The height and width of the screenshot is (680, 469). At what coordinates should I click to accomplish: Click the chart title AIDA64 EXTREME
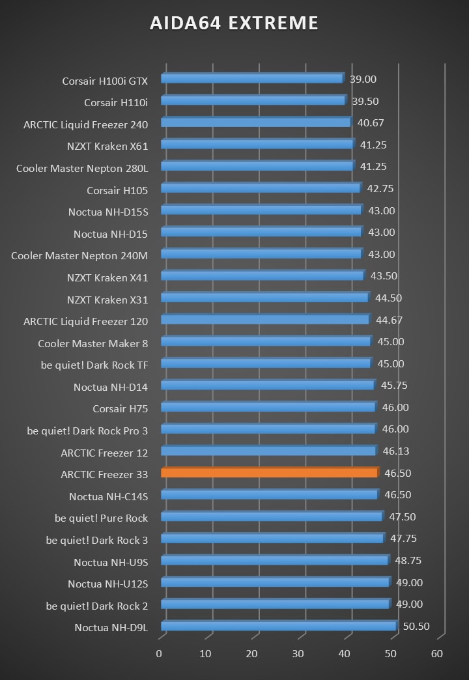coord(234,23)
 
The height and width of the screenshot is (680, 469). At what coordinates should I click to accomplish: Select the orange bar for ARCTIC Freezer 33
coord(268,472)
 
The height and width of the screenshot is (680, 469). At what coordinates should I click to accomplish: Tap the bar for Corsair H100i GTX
coord(251,78)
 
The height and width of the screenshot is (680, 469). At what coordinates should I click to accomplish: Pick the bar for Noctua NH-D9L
coord(278,626)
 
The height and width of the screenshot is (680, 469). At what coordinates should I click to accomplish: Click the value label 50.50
coord(416,627)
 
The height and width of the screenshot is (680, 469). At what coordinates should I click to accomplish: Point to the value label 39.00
coord(363,79)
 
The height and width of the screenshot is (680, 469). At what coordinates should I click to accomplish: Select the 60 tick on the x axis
coord(437,654)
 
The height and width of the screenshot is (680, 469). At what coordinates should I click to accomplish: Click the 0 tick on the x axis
coord(160,654)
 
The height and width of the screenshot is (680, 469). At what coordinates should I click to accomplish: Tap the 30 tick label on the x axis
coord(298,654)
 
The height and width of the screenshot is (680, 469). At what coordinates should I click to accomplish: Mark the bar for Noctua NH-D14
coord(267,385)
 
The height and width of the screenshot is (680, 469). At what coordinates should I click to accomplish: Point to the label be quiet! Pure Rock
coord(101,518)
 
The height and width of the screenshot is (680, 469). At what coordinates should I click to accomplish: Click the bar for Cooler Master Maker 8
coord(265,341)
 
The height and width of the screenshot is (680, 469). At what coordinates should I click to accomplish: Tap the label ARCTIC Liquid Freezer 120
coord(85,322)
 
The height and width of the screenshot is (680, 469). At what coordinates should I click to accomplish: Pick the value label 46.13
coord(396,451)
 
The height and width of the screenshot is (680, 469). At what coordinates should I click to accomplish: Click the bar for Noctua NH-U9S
coord(274,560)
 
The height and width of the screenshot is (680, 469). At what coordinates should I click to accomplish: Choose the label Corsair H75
coord(120,409)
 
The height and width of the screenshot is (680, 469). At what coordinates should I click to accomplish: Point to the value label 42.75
coord(380,189)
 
